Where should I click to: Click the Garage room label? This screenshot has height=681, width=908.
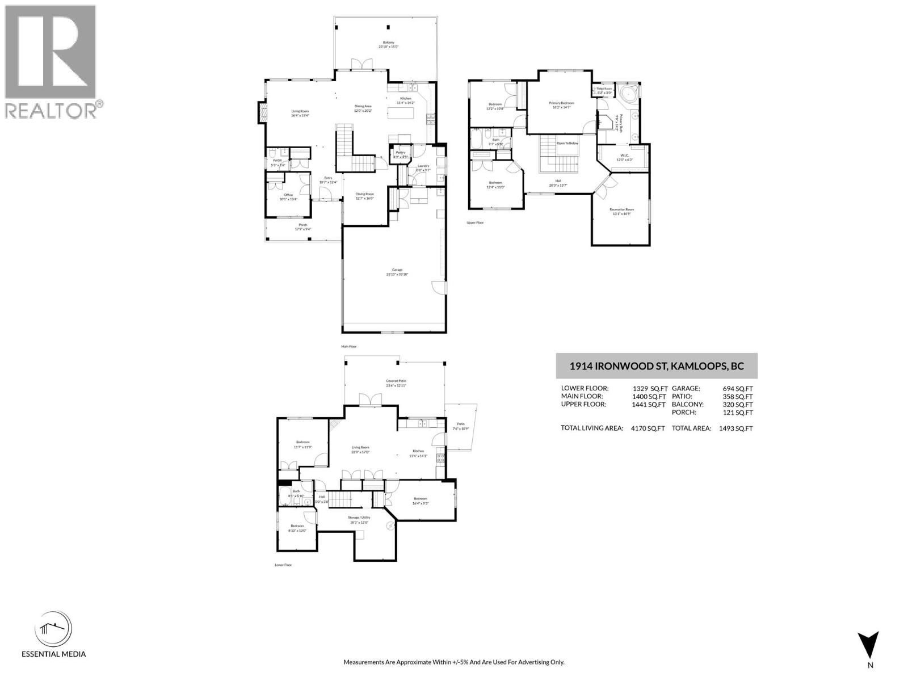tap(397, 270)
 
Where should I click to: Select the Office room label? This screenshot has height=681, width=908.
tap(288, 195)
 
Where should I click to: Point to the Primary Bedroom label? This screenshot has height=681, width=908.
tap(562, 103)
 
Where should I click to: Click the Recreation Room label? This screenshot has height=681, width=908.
tap(622, 209)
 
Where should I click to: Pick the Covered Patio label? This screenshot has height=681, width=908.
tap(396, 381)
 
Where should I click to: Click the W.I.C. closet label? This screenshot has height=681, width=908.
tap(624, 155)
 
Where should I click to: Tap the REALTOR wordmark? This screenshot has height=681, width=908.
tap(51, 110)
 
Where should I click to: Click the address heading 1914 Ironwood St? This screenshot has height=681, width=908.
tap(657, 366)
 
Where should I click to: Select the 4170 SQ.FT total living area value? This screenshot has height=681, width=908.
tap(648, 428)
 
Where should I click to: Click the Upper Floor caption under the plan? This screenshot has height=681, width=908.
tap(475, 223)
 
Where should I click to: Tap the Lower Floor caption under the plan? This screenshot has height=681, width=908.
tap(283, 565)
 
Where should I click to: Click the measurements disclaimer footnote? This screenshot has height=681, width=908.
tap(453, 662)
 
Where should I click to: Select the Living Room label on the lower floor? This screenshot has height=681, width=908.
tap(361, 448)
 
